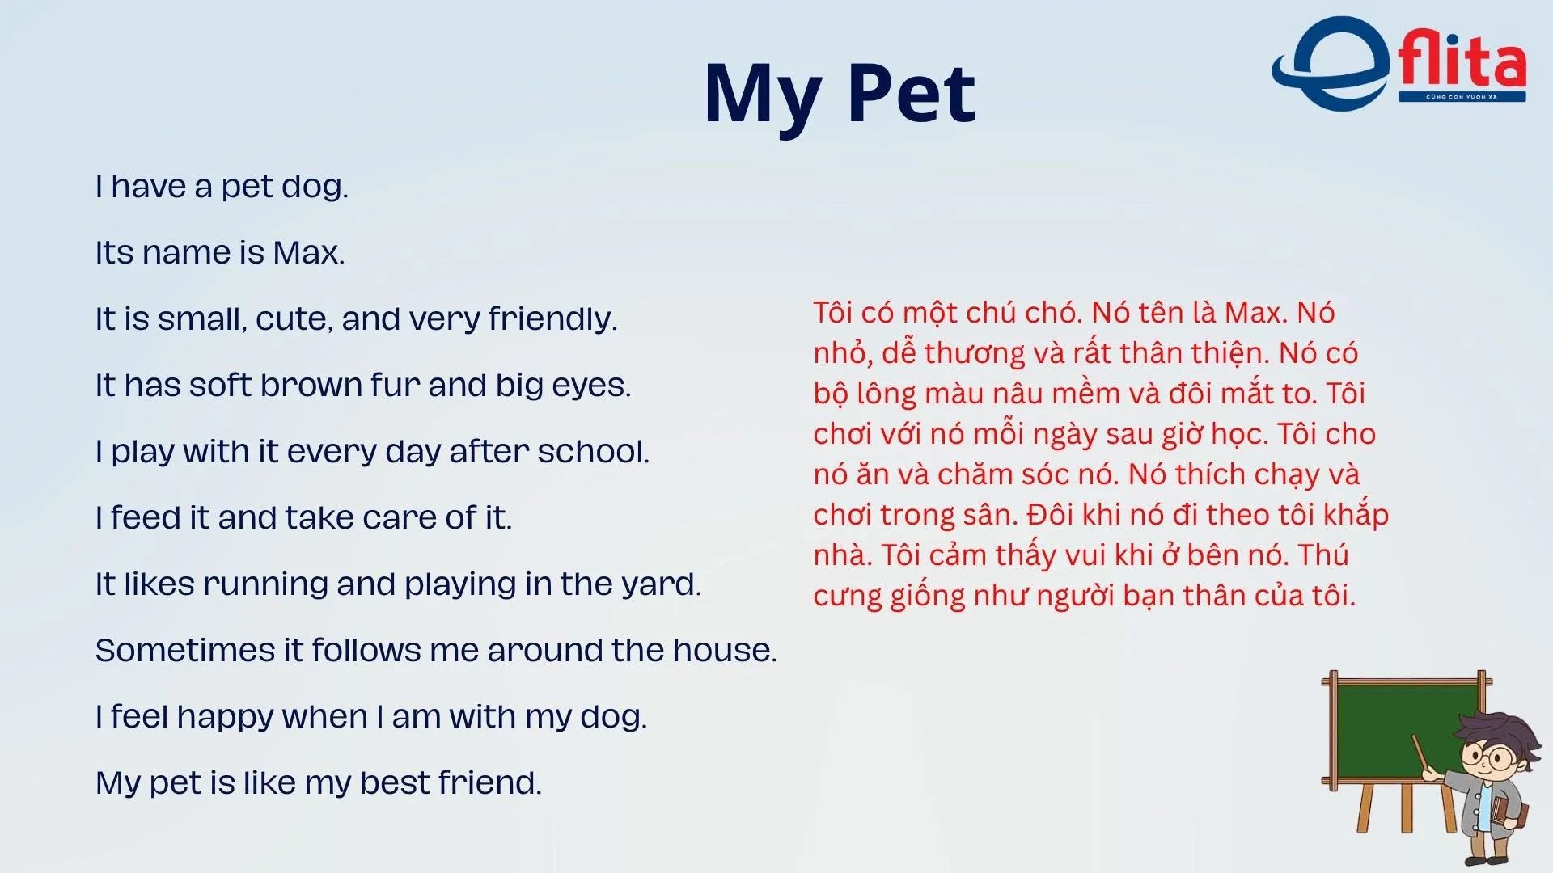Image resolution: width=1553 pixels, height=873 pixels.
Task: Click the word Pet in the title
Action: (x=912, y=94)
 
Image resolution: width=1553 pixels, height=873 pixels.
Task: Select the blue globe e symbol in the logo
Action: (x=1331, y=63)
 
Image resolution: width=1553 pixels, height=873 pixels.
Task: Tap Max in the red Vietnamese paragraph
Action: (x=1250, y=312)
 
